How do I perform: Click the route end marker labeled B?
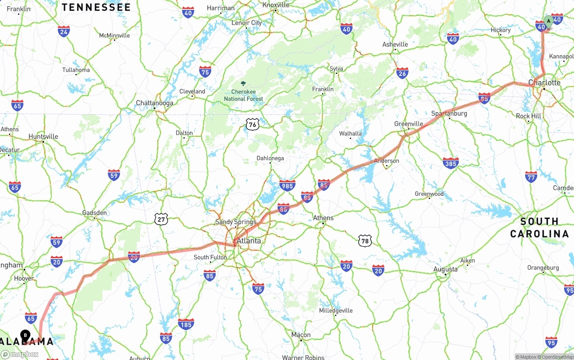tap(26, 335)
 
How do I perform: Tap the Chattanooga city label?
tap(154, 103)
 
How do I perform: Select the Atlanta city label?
tap(248, 241)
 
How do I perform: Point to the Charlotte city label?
tap(544, 83)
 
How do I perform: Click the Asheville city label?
tap(395, 44)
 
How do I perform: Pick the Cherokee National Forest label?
tap(244, 95)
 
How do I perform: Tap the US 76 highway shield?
tap(252, 125)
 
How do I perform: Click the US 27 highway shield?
tap(161, 219)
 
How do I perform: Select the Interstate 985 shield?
tap(287, 185)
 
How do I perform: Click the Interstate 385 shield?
tap(450, 163)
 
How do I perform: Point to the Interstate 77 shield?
tap(531, 177)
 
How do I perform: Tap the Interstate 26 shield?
tap(402, 73)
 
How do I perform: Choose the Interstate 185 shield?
tap(186, 324)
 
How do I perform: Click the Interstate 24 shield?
tap(64, 31)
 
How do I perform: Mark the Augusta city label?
tap(445, 269)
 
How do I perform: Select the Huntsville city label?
tap(43, 136)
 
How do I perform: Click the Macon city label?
tap(300, 334)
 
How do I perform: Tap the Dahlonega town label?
tap(270, 158)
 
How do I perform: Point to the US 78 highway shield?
tap(365, 241)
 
